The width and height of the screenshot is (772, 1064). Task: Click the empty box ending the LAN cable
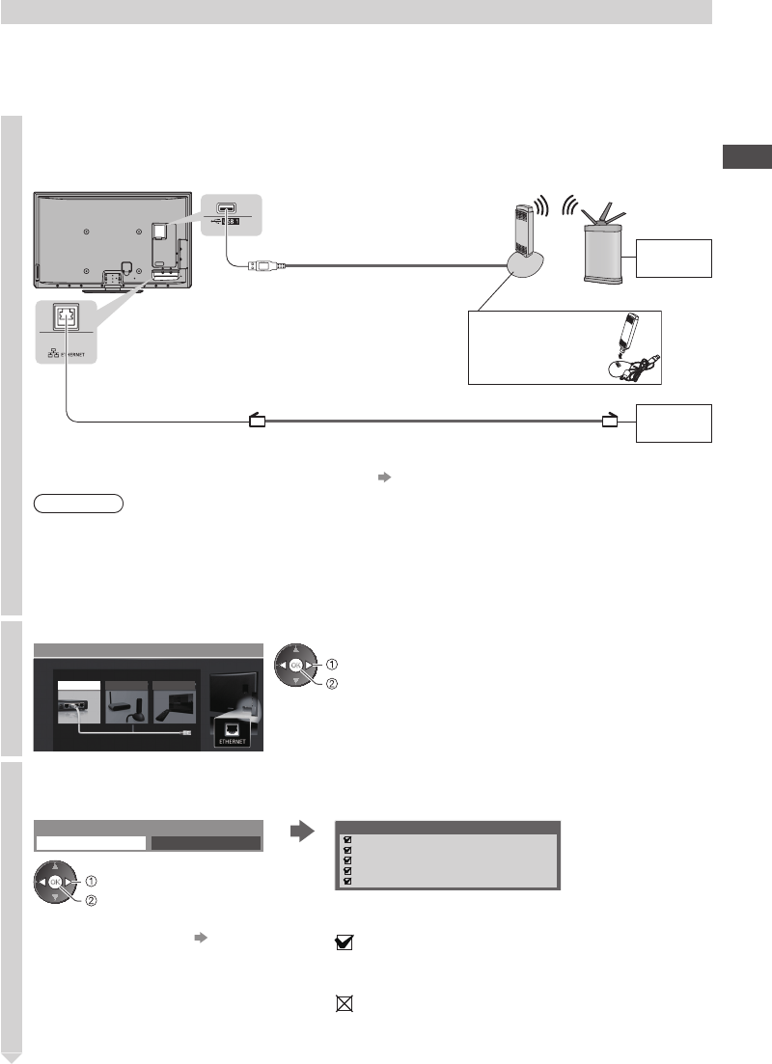click(674, 423)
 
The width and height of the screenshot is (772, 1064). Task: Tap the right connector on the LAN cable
click(608, 420)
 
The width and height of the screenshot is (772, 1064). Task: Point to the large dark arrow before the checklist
click(301, 830)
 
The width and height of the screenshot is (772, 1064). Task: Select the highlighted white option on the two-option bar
click(91, 842)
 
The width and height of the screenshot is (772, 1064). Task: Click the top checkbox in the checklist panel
click(347, 839)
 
